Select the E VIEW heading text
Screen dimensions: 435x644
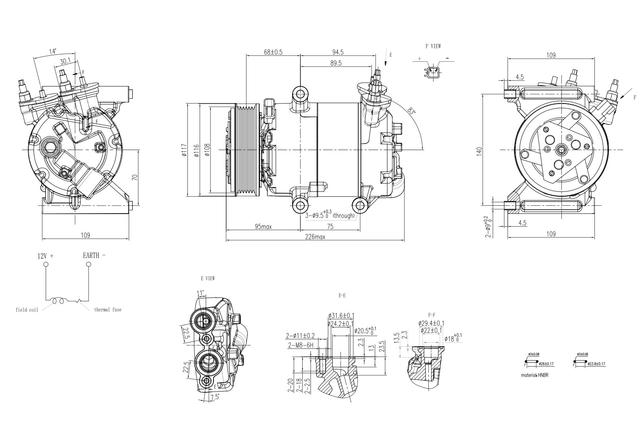[207, 278]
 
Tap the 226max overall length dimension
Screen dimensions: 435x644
[315, 237]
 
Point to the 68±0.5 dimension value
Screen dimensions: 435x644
[273, 52]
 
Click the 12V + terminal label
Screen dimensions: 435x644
[45, 256]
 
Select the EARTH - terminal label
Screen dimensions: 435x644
[94, 255]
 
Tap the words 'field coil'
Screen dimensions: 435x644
[27, 310]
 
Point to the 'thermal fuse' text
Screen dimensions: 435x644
[108, 310]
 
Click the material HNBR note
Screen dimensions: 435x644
[534, 375]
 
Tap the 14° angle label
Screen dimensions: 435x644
[53, 51]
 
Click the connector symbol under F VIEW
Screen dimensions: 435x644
[433, 72]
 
